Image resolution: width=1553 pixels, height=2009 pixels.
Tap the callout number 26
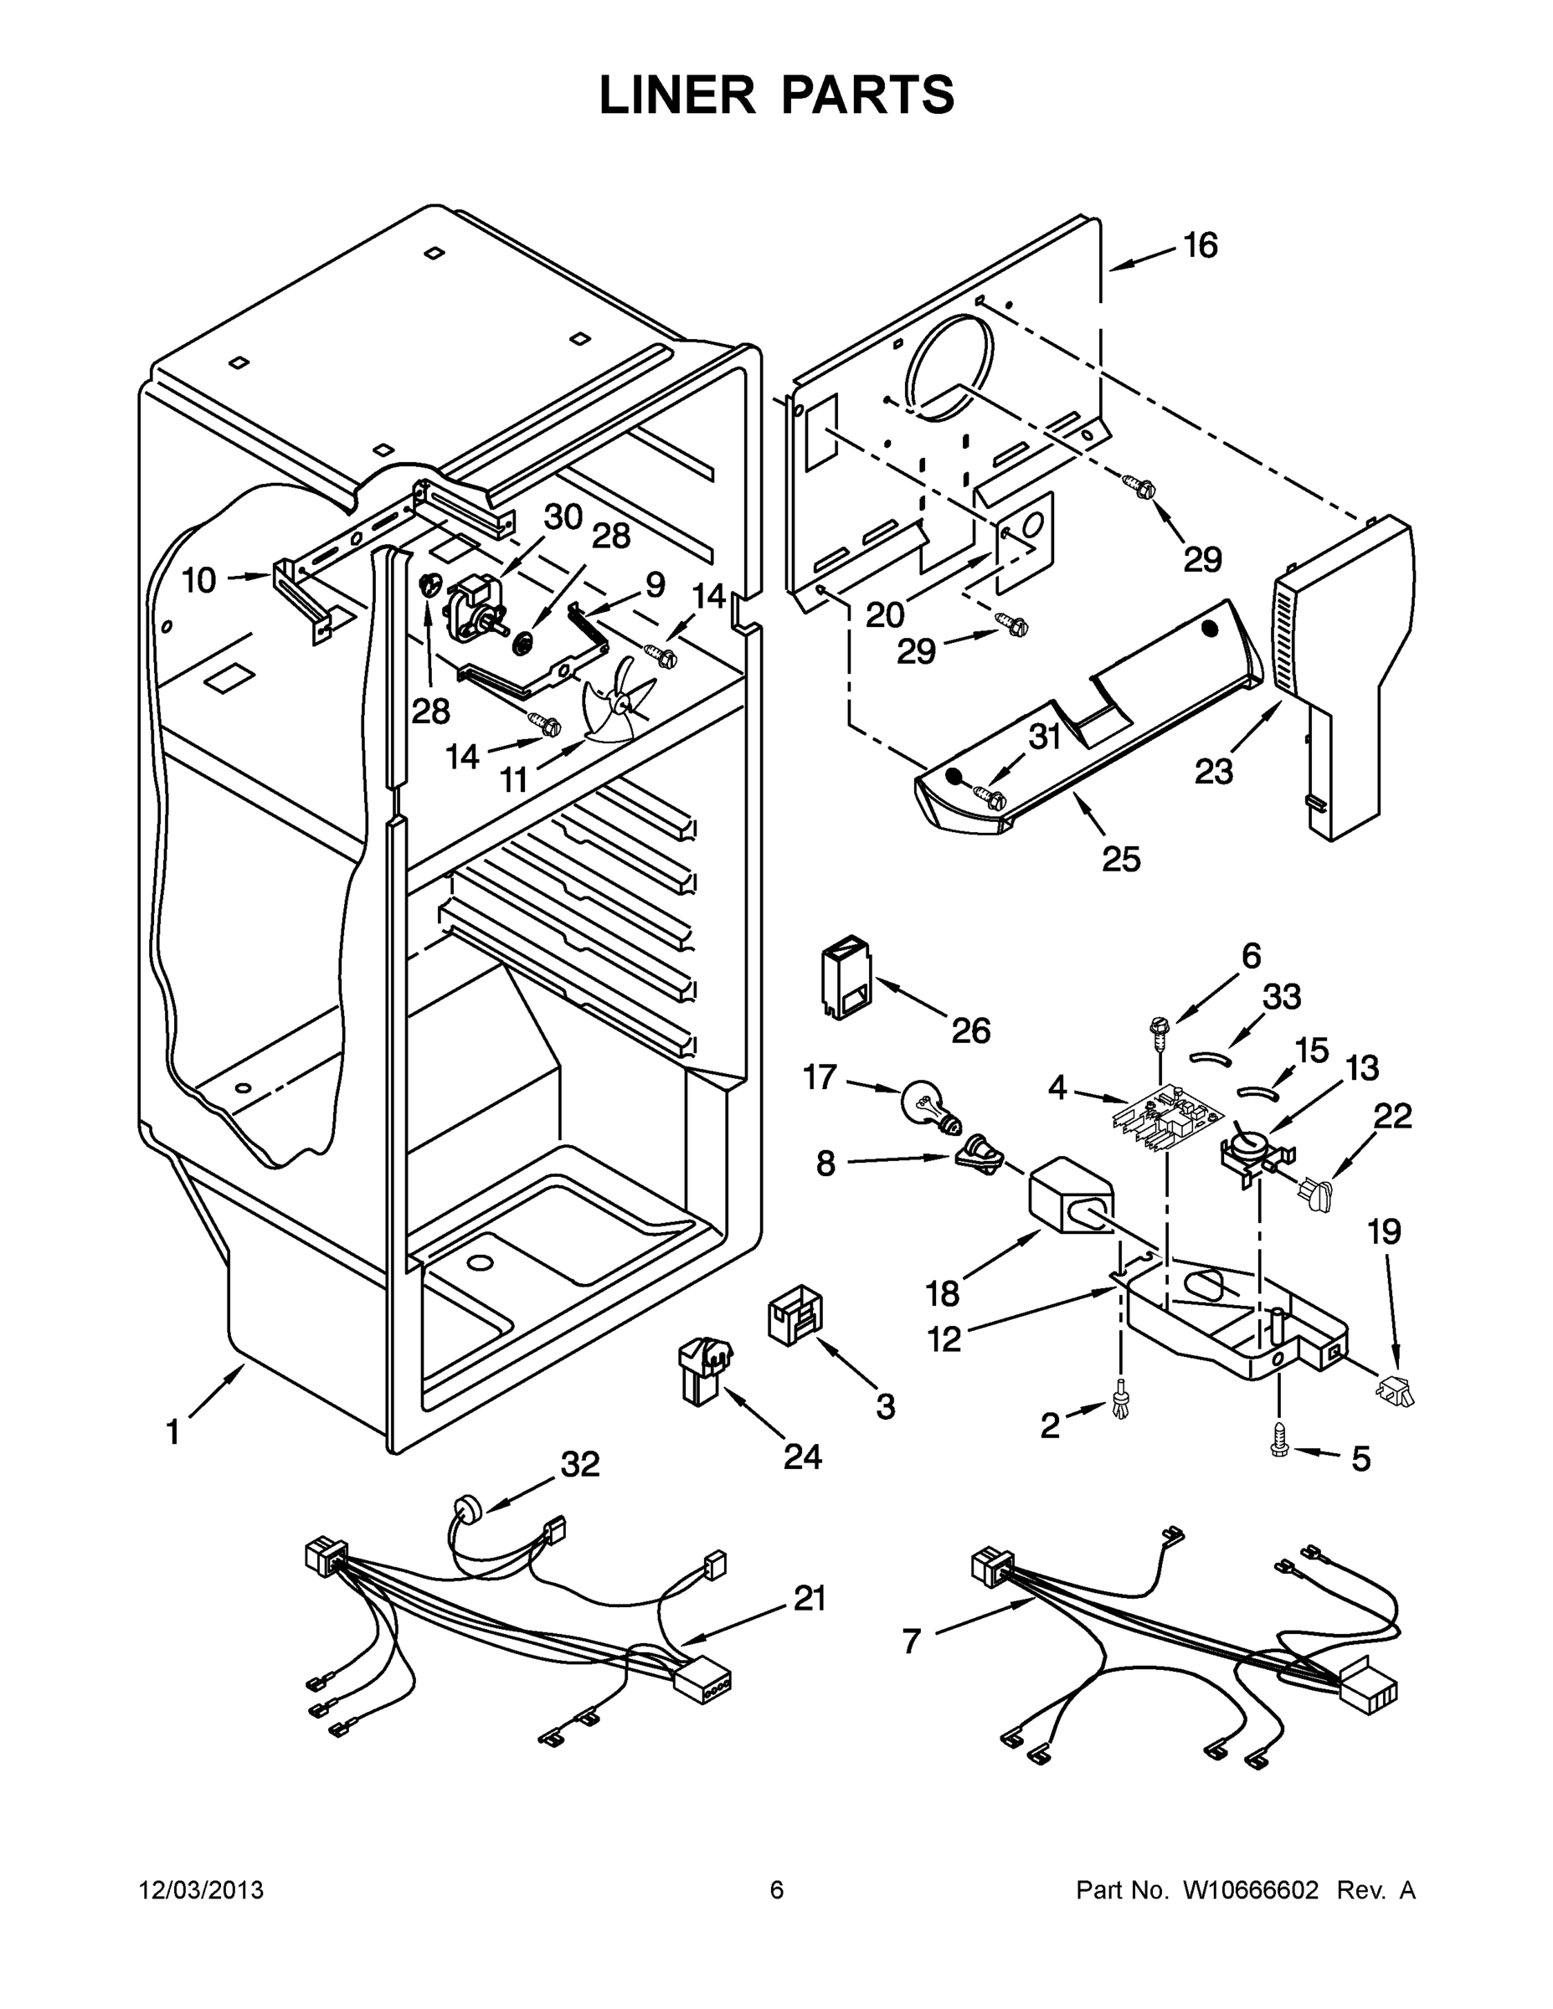point(969,1031)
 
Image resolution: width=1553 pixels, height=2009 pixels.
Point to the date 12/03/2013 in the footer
point(201,1890)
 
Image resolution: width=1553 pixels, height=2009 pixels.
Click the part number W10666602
point(1250,1890)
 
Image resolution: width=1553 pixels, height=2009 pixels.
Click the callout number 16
point(1200,245)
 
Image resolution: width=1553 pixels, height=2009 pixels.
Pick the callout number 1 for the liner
point(172,1432)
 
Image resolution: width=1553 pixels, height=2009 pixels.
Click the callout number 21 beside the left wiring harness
point(810,1599)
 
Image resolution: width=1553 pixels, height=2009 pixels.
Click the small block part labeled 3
point(794,1317)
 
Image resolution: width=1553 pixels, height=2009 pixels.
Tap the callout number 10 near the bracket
point(198,580)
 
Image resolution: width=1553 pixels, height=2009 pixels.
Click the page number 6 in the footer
point(777,1890)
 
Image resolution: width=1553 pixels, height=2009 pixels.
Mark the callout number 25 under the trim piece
point(1121,859)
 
